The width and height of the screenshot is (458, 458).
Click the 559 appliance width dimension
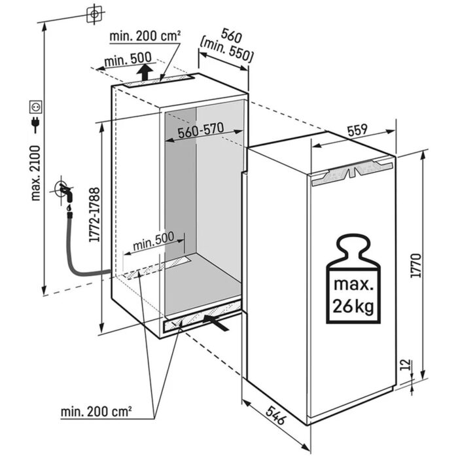click(x=357, y=131)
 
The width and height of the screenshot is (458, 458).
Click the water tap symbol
click(x=65, y=192)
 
